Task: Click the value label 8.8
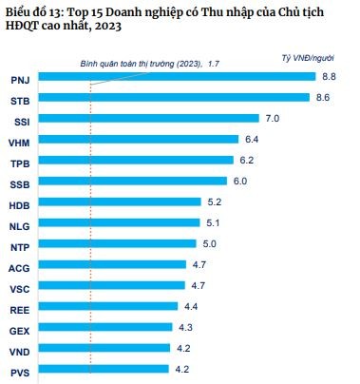[x=330, y=76]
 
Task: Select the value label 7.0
[x=272, y=119]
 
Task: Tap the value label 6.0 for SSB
[x=240, y=181]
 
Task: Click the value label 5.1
[x=213, y=223]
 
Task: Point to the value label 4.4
[x=191, y=306]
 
